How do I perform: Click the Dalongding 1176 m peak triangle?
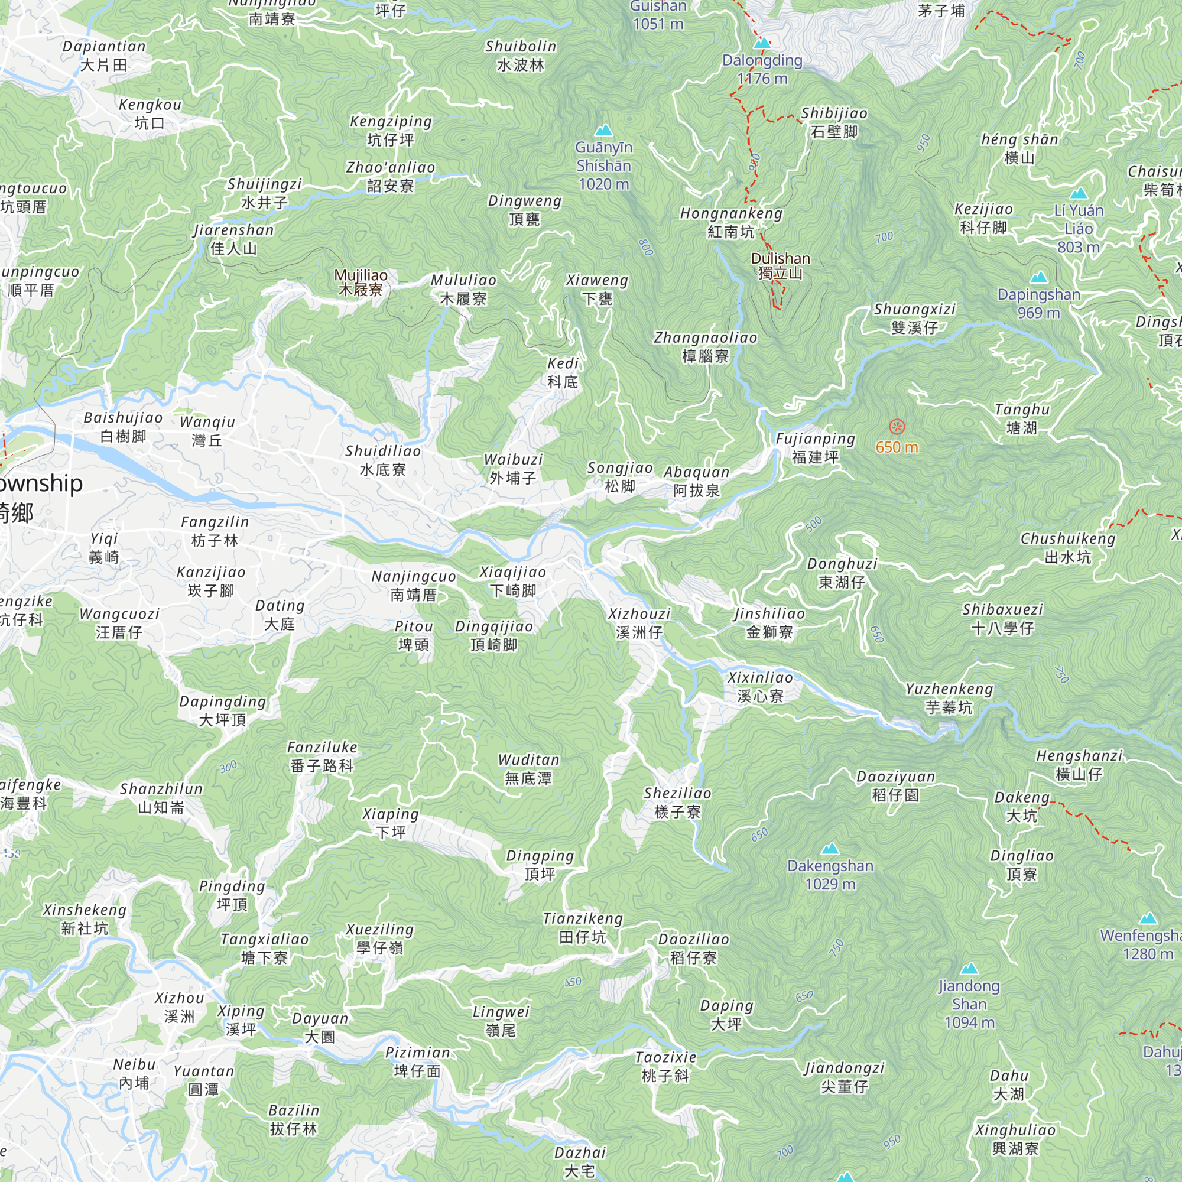coord(762,43)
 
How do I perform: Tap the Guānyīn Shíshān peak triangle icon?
coord(604,130)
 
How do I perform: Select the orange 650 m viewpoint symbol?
coord(897,427)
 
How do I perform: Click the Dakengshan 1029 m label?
coord(830,875)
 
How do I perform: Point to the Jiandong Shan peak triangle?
coord(969,969)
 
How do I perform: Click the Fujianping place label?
coord(815,448)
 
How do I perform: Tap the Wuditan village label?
coord(528,769)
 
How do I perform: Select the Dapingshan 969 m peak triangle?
coord(1039,278)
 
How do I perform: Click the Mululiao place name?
coord(464,290)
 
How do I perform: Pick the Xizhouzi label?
coord(639,623)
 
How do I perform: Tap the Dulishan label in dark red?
coord(780,265)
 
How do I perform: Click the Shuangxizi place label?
coord(915,318)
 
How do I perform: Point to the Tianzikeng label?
coord(583,927)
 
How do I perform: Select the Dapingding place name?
coord(223,710)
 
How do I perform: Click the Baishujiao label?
coord(123,427)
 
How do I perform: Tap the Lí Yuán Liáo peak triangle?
coord(1079,194)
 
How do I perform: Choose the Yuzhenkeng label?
coord(949,698)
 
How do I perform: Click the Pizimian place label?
coord(418,1061)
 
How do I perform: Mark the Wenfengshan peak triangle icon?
coord(1148,918)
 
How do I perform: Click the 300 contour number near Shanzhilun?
coord(228,767)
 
